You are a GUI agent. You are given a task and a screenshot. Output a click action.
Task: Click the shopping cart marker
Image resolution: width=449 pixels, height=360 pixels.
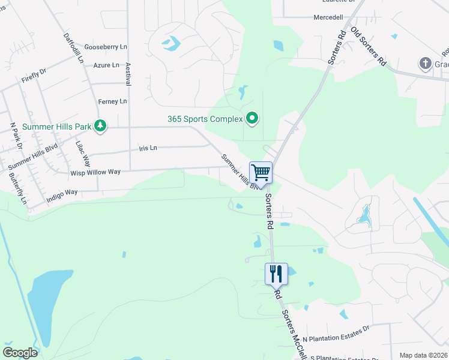click(x=261, y=173)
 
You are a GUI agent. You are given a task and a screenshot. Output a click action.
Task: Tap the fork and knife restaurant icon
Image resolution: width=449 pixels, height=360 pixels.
click(x=276, y=274)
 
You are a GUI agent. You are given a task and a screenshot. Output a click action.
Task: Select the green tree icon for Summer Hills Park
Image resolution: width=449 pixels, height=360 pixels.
click(x=101, y=126)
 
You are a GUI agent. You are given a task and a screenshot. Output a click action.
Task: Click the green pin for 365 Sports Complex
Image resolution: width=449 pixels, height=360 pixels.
click(x=252, y=119)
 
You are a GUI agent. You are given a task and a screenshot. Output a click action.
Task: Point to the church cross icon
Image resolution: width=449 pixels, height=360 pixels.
click(x=425, y=63)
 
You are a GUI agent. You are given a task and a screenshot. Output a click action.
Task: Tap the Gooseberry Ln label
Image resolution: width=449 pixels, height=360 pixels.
click(x=106, y=46)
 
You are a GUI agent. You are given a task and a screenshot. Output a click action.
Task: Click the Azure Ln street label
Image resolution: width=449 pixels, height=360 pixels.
click(x=106, y=65)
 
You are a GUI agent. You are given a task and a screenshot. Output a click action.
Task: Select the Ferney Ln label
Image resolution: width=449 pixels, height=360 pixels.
click(x=115, y=101)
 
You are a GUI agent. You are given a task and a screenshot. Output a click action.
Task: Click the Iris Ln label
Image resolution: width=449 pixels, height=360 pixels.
click(x=148, y=148)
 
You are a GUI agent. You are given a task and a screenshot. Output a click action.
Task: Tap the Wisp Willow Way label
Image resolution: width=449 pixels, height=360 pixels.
click(x=95, y=172)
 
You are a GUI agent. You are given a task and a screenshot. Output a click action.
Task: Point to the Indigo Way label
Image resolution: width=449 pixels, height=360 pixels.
click(x=62, y=193)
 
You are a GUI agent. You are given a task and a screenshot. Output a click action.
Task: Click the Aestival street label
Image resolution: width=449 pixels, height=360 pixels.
click(x=127, y=73)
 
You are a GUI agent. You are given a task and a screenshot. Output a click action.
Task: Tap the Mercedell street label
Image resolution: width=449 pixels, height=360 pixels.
click(x=328, y=17)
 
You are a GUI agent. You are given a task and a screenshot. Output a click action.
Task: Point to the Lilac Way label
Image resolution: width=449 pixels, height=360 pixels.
click(x=83, y=154)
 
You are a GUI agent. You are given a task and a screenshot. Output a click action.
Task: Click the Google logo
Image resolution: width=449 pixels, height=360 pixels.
click(x=20, y=353)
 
